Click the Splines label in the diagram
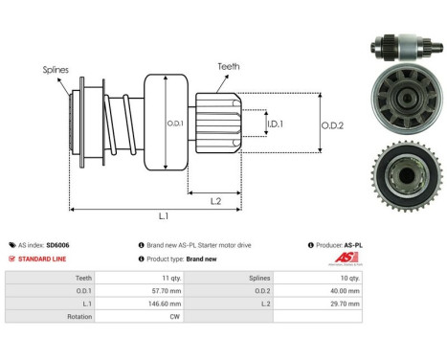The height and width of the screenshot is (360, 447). [55, 70]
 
